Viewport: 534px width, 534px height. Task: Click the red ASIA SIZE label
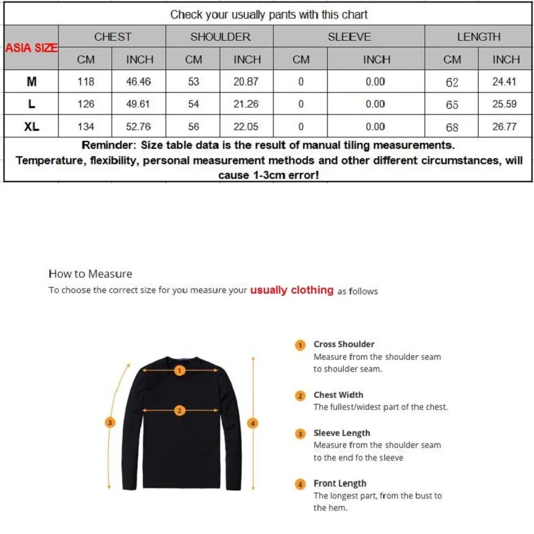31,48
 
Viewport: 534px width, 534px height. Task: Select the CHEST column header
112,37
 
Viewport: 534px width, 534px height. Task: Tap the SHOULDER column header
220,37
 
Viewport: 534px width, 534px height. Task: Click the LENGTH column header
479,37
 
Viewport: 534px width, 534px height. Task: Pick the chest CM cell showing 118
86,82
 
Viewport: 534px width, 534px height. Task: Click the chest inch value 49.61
140,104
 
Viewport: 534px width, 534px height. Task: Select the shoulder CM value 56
194,126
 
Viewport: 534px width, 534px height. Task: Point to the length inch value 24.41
506,82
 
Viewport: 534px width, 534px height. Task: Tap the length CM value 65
452,105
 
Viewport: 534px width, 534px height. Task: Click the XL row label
31,126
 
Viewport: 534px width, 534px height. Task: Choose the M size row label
31,82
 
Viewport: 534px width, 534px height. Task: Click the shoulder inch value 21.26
247,104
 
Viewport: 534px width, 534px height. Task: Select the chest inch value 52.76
140,126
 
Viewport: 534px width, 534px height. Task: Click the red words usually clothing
291,290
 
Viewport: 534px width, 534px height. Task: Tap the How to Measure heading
90,274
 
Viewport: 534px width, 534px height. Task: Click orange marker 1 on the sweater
179,372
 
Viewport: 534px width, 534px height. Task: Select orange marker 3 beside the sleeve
111,422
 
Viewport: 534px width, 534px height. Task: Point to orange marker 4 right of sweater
252,423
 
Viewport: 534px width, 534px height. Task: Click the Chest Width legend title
338,395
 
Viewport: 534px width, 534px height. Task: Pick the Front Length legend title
340,483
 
